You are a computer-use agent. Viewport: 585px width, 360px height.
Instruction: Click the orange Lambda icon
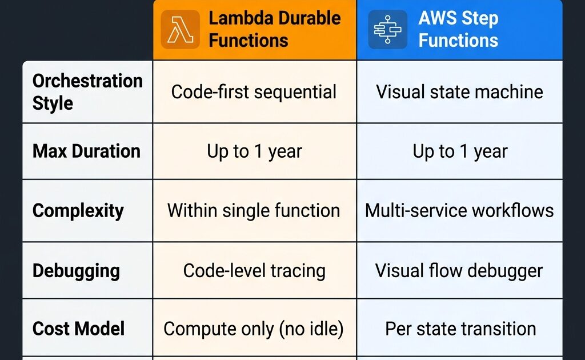pyautogui.click(x=180, y=30)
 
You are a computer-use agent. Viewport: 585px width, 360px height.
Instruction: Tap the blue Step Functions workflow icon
pyautogui.click(x=388, y=30)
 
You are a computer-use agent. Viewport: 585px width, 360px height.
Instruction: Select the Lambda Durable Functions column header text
pyautogui.click(x=275, y=29)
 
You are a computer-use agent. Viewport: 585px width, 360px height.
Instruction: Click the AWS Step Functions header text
pyautogui.click(x=458, y=29)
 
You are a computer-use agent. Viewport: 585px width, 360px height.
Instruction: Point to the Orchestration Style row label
pyautogui.click(x=87, y=92)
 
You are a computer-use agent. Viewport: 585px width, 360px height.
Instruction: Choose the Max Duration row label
pyautogui.click(x=86, y=151)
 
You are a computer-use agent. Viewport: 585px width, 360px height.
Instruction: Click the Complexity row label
pyautogui.click(x=78, y=211)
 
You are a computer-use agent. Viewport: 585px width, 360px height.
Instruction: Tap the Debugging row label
pyautogui.click(x=76, y=271)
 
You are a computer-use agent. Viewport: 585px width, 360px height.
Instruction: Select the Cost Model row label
pyautogui.click(x=78, y=329)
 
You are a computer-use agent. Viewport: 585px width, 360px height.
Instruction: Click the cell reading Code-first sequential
pyautogui.click(x=254, y=92)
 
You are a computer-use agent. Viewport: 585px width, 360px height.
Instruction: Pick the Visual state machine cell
pyautogui.click(x=460, y=92)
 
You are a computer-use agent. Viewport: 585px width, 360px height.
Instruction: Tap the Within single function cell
pyautogui.click(x=254, y=210)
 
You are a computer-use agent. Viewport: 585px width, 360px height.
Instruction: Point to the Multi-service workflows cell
pyautogui.click(x=459, y=210)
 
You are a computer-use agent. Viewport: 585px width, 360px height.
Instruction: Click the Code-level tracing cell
pyautogui.click(x=254, y=271)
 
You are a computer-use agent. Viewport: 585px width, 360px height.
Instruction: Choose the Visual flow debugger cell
pyautogui.click(x=459, y=271)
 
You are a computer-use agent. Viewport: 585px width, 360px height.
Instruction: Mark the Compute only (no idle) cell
pyautogui.click(x=254, y=329)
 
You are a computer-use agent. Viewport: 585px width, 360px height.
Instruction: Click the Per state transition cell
pyautogui.click(x=460, y=329)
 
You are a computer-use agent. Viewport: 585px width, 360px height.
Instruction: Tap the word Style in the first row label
pyautogui.click(x=53, y=103)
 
